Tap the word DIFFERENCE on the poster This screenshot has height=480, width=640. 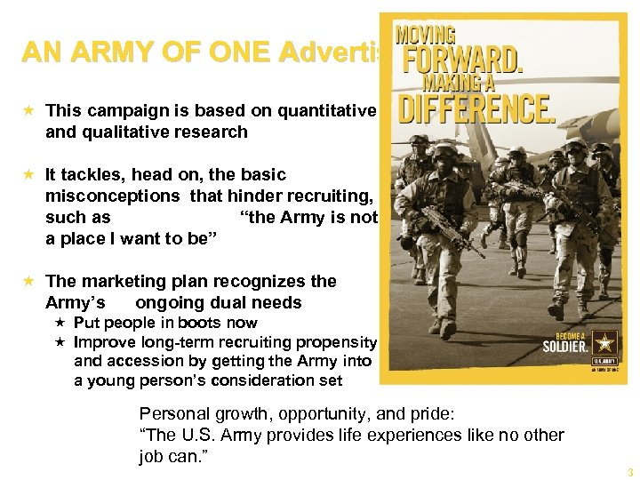(x=476, y=110)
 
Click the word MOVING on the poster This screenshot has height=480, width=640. (x=426, y=35)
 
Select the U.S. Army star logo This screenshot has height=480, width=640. (x=604, y=345)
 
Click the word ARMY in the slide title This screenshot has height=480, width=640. (x=91, y=53)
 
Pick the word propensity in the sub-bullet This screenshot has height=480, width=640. (x=342, y=342)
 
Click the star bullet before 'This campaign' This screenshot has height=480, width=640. (x=30, y=110)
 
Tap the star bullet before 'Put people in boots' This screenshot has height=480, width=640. (x=61, y=323)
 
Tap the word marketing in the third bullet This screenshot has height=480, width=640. (x=121, y=281)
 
